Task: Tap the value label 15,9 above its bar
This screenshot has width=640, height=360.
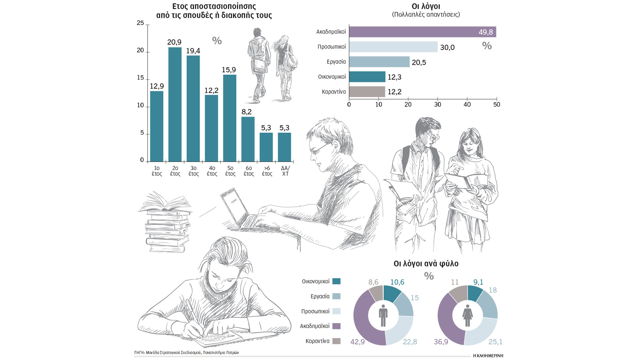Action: [229, 70]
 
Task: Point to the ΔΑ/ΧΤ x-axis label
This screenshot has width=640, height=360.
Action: [285, 171]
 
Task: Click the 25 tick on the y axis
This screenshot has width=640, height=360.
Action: [140, 23]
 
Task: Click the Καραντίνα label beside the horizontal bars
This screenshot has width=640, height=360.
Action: [334, 92]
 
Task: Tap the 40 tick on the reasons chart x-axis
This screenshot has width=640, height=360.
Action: [467, 105]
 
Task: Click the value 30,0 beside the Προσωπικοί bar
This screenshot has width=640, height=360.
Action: [447, 47]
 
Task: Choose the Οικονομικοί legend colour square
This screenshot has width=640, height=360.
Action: [337, 281]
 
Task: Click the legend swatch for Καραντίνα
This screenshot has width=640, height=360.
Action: [337, 341]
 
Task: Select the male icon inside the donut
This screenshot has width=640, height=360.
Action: [383, 315]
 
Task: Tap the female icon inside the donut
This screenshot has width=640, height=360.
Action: [468, 315]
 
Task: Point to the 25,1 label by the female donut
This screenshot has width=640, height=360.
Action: [495, 342]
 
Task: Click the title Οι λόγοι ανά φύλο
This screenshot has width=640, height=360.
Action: [426, 264]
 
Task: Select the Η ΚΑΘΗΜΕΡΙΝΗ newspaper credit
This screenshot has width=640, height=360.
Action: [488, 356]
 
